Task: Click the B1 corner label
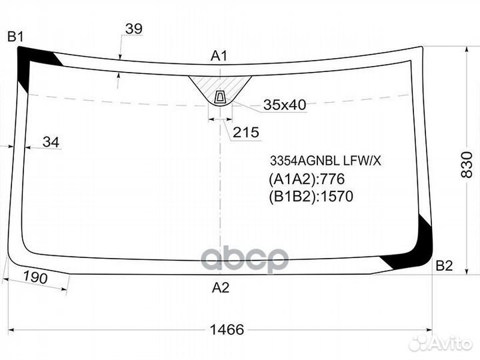point(16,36)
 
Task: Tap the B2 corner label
point(444,266)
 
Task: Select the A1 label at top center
point(219,57)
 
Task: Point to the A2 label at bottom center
point(221,288)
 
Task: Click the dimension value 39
point(133,29)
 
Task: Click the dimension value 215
point(246,133)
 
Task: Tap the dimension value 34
point(51,141)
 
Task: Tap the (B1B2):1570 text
point(310,196)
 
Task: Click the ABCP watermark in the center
point(245,259)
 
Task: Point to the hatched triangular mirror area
point(219,85)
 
